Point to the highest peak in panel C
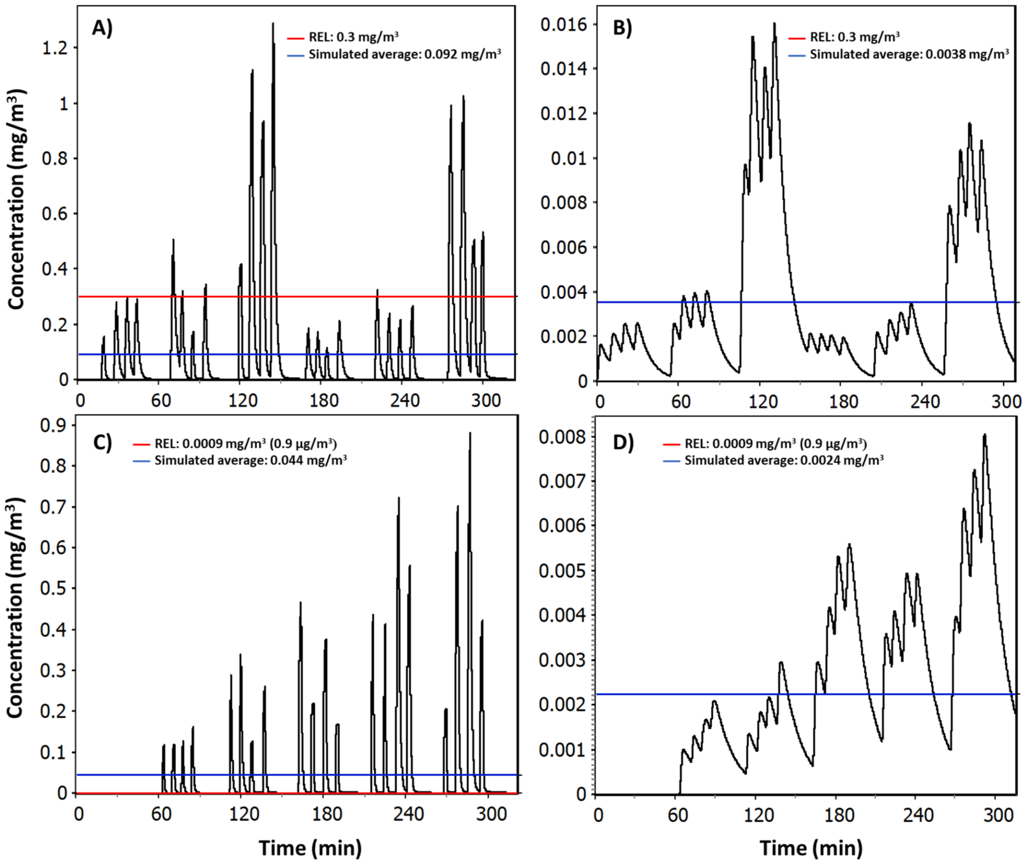coord(470,433)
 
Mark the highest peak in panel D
coord(985,435)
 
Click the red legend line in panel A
coord(296,37)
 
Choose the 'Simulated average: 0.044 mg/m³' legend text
coord(250,460)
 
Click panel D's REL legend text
coord(776,443)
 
